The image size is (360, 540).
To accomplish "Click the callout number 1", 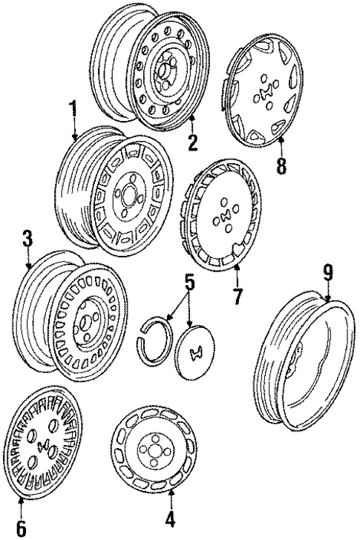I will pos(73,111).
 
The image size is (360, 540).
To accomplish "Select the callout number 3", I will pos(27,240).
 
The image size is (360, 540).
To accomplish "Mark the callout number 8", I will pos(281,165).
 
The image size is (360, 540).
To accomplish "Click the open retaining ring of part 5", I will pos(157,337).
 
